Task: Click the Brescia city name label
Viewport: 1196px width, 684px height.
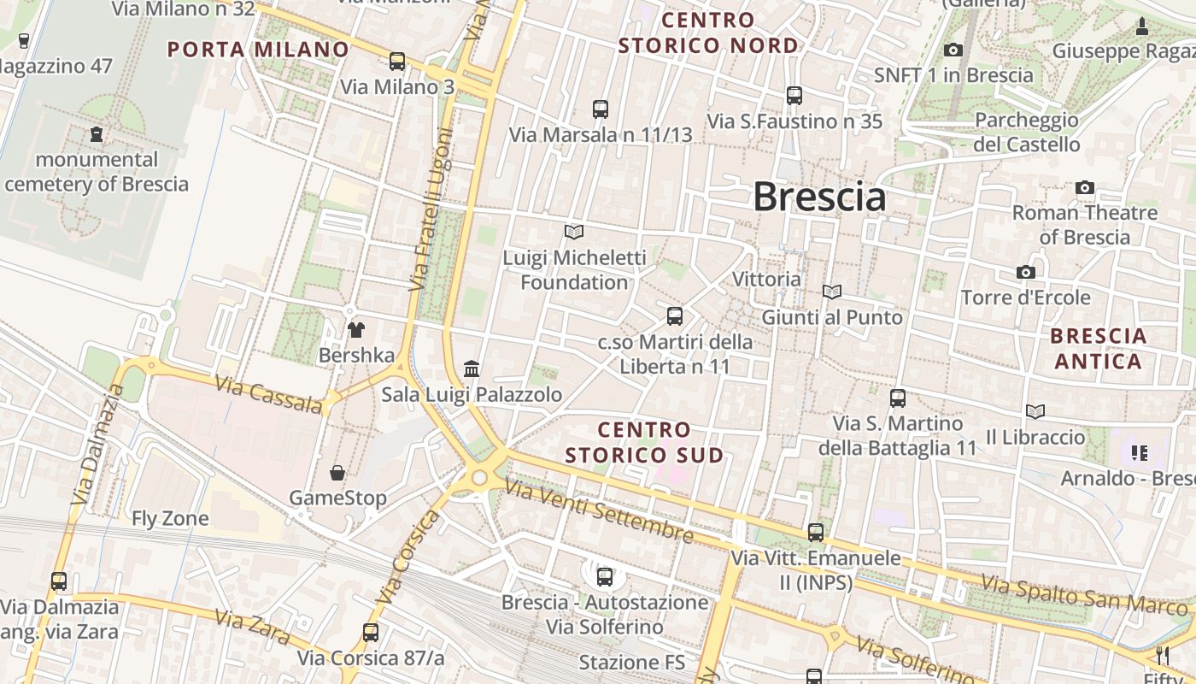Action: click(818, 198)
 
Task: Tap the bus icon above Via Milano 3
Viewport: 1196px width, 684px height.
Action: click(397, 62)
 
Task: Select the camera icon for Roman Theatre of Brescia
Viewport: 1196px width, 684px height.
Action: click(1085, 187)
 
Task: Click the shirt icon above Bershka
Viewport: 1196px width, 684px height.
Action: click(356, 330)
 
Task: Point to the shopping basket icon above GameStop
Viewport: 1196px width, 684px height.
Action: click(338, 473)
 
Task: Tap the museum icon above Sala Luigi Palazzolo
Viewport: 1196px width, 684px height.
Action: click(472, 369)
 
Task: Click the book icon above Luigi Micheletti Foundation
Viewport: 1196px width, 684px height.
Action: click(574, 232)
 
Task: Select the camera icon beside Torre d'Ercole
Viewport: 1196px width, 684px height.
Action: click(1026, 272)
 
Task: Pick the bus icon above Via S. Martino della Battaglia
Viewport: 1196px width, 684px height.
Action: click(898, 398)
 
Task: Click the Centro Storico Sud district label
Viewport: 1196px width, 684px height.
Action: click(644, 442)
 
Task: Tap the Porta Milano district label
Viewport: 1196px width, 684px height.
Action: click(258, 50)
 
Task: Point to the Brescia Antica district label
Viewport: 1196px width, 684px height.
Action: click(1098, 348)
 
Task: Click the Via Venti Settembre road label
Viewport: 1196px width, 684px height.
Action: click(598, 510)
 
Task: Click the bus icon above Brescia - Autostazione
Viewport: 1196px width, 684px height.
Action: click(605, 577)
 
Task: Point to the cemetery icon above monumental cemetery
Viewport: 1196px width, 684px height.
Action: click(97, 134)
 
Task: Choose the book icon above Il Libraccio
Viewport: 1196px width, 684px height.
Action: click(1035, 412)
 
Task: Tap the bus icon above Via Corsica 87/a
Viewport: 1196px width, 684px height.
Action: click(370, 633)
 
